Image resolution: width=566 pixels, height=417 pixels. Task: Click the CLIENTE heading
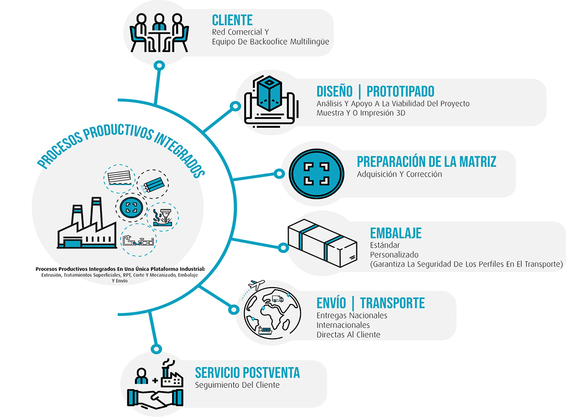point(232,21)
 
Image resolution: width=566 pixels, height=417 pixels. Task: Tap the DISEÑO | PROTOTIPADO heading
point(375,90)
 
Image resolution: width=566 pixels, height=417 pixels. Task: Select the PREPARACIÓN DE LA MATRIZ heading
point(426,161)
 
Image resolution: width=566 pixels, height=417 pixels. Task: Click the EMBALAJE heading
point(396,233)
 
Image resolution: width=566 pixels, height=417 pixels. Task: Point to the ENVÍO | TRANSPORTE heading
point(370,303)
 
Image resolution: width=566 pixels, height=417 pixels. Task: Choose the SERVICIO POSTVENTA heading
point(247,373)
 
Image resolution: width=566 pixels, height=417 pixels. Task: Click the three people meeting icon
point(159,32)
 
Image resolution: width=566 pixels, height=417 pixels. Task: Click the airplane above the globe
point(258,285)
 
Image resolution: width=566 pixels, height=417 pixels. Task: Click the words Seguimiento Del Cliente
point(237,385)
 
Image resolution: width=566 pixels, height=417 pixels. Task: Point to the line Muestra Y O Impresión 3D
point(361,113)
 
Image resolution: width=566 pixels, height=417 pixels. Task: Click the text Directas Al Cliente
point(348,334)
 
